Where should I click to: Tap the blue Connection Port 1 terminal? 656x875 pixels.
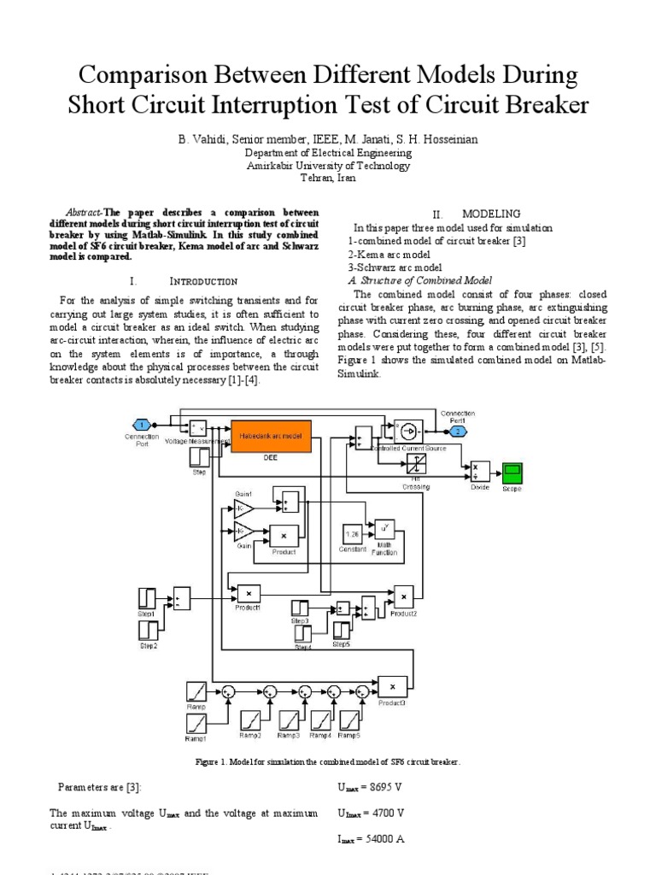142,425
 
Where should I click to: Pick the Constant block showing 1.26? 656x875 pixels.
352,534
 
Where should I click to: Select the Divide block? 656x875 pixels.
479,472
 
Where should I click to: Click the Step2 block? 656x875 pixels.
149,631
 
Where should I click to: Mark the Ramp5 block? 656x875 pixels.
348,720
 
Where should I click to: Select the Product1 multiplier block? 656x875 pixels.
249,592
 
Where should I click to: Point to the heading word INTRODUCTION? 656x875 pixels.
203,281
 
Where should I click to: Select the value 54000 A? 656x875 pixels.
380,839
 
